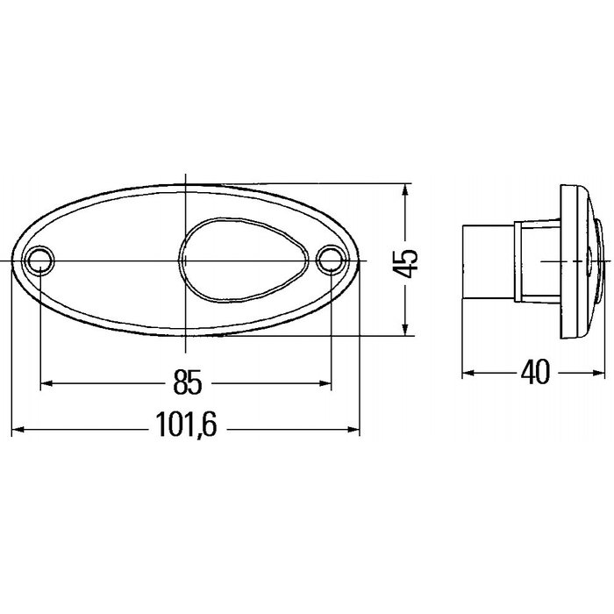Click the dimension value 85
click(x=187, y=384)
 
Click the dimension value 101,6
click(x=187, y=430)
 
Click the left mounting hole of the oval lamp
click(x=40, y=261)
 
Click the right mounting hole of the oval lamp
click(x=331, y=260)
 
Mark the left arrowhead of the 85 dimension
click(x=49, y=384)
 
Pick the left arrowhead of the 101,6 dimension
click(x=18, y=430)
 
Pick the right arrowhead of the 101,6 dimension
click(x=354, y=430)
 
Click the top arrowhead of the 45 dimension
click(x=405, y=191)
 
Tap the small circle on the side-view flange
click(x=589, y=261)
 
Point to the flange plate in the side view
click(x=575, y=263)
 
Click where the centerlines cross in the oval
click(x=186, y=261)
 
